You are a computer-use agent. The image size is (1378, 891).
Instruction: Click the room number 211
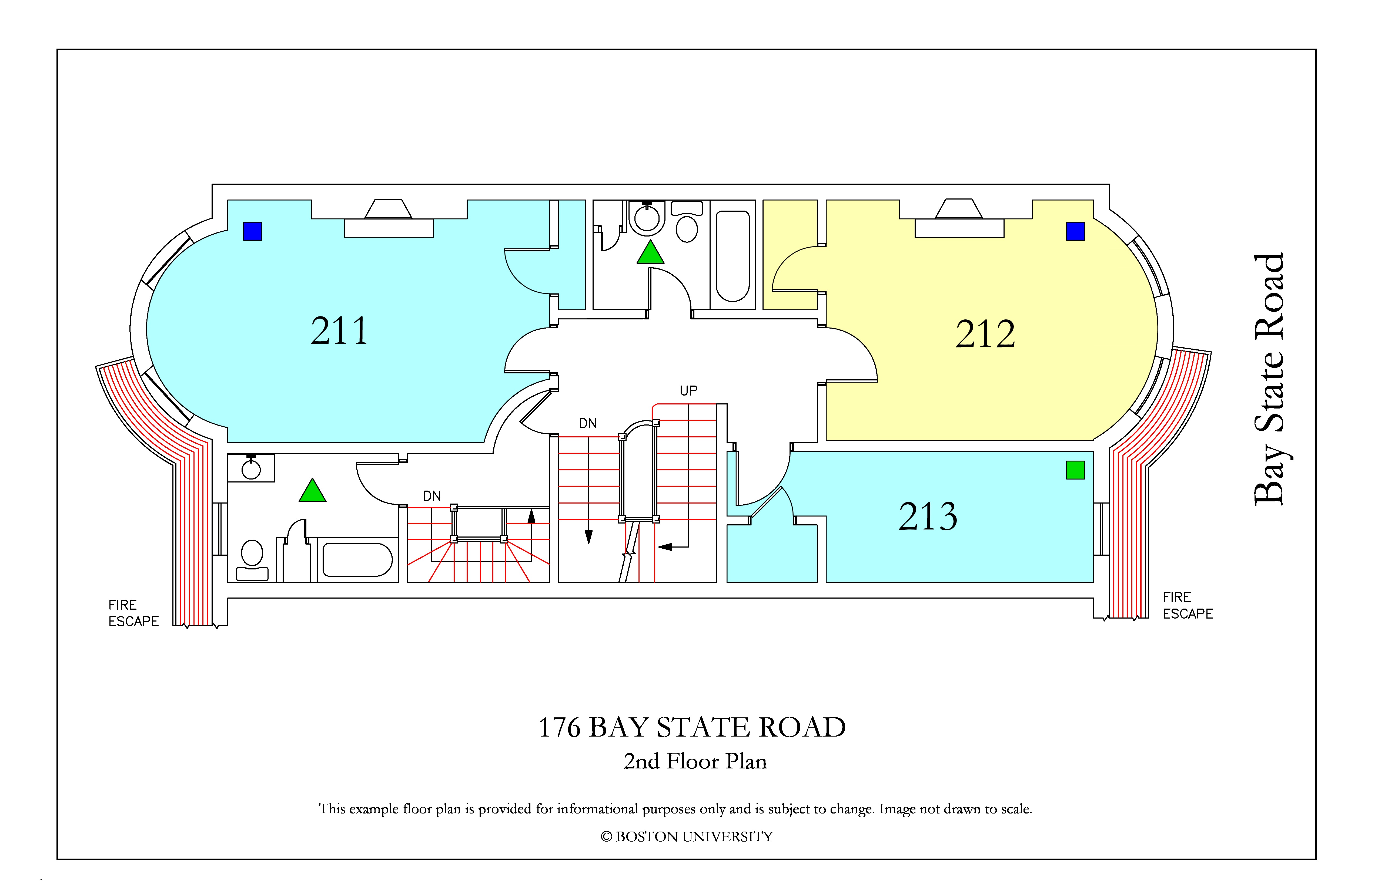point(339,331)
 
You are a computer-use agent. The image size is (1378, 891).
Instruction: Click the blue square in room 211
point(252,231)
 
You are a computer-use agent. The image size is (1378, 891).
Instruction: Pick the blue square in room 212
point(1075,231)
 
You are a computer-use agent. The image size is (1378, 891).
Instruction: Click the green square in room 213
point(1075,470)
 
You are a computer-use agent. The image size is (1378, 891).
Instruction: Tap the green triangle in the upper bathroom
point(650,252)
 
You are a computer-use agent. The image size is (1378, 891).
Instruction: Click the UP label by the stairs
point(688,390)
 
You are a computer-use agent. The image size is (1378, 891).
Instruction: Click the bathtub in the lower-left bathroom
point(357,559)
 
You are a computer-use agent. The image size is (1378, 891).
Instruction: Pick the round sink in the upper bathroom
point(647,218)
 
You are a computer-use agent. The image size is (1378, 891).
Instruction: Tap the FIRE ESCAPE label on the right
point(1188,606)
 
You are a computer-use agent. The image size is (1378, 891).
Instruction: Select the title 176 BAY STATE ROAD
point(692,727)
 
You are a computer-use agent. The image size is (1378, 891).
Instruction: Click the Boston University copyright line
point(687,837)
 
